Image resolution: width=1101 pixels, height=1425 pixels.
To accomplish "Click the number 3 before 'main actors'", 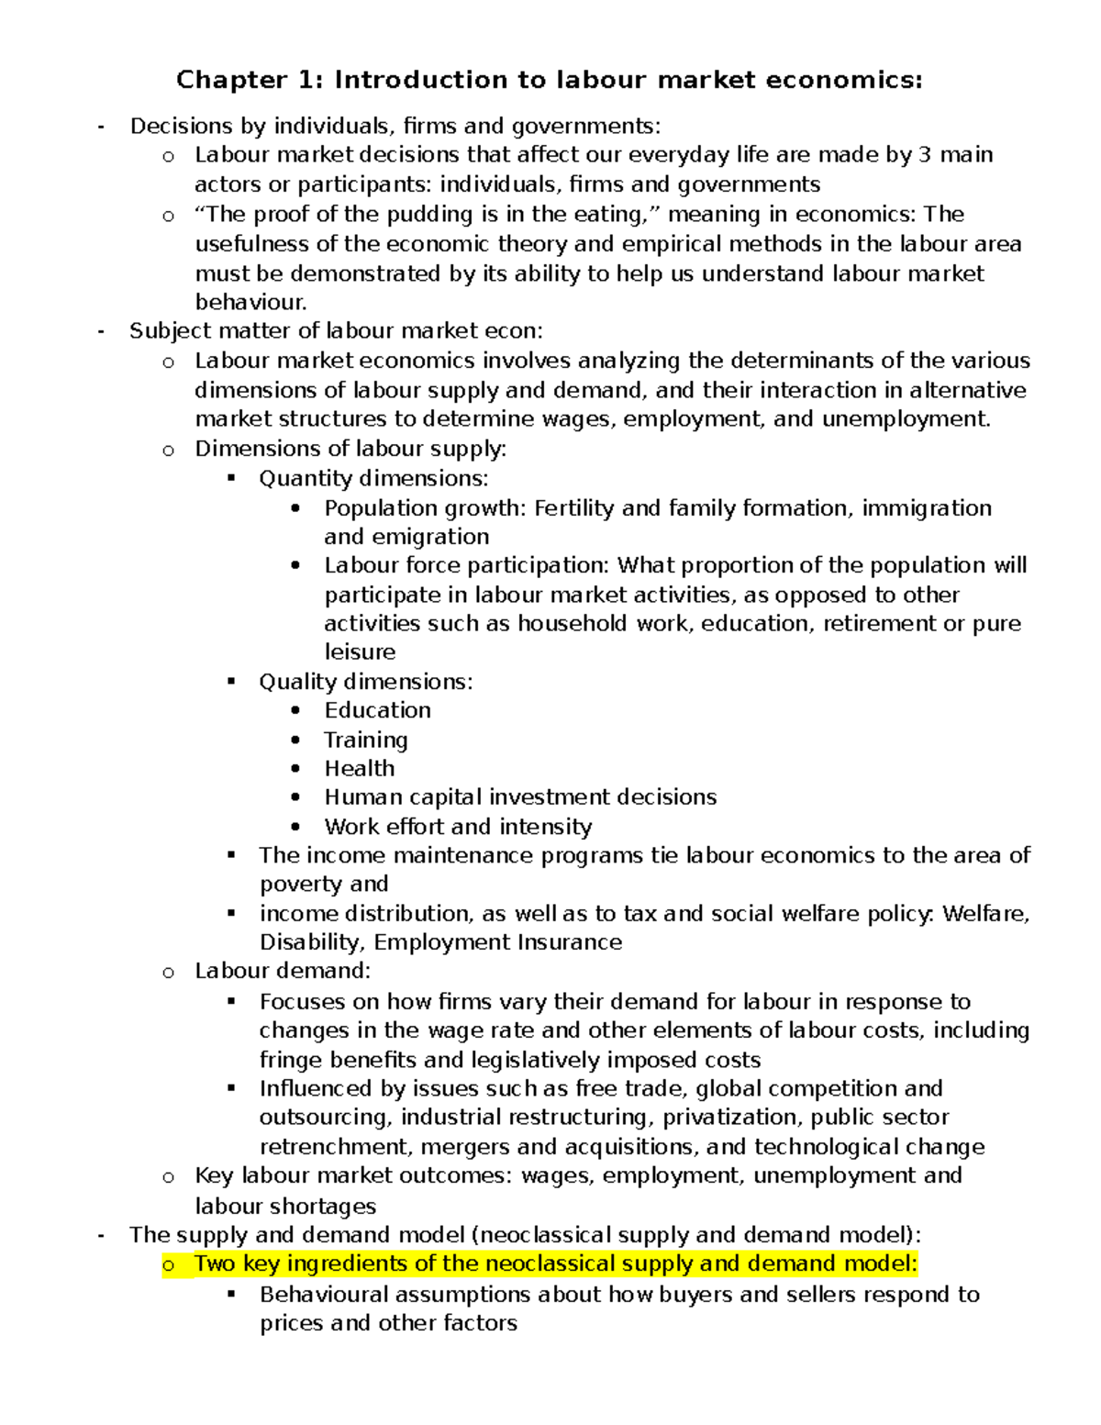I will point(925,155).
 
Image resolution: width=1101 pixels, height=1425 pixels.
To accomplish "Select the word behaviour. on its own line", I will point(250,302).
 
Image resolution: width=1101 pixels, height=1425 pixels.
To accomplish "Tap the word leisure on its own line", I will point(360,652).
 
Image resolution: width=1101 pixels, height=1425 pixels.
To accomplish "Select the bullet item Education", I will point(377,710).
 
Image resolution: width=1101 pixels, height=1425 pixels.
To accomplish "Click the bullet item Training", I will point(365,740).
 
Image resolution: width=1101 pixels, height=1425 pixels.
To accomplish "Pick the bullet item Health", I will point(359,769).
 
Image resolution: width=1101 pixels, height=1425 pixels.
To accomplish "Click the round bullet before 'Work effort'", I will point(295,826).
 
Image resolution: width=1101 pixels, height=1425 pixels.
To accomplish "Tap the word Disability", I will point(312,942).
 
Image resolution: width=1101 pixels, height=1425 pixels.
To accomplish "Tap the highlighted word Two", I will point(215,1264).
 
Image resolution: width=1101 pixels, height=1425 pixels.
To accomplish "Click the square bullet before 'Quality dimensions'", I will point(231,681).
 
